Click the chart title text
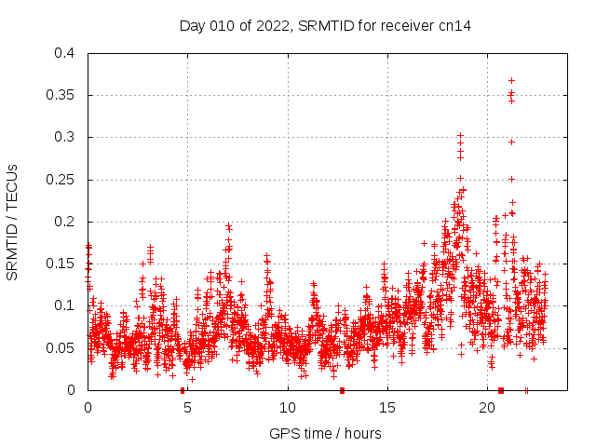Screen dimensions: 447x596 point(325,26)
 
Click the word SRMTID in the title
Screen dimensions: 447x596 point(327,26)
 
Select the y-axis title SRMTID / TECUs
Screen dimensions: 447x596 point(12,222)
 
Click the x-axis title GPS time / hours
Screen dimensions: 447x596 point(325,433)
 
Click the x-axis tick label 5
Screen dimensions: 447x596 point(187,407)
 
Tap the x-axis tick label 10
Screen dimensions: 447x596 point(288,407)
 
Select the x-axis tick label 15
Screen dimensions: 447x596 point(387,407)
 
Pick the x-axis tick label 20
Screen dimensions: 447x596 point(487,407)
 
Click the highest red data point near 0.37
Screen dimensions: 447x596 point(511,80)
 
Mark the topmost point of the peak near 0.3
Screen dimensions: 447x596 point(460,135)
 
